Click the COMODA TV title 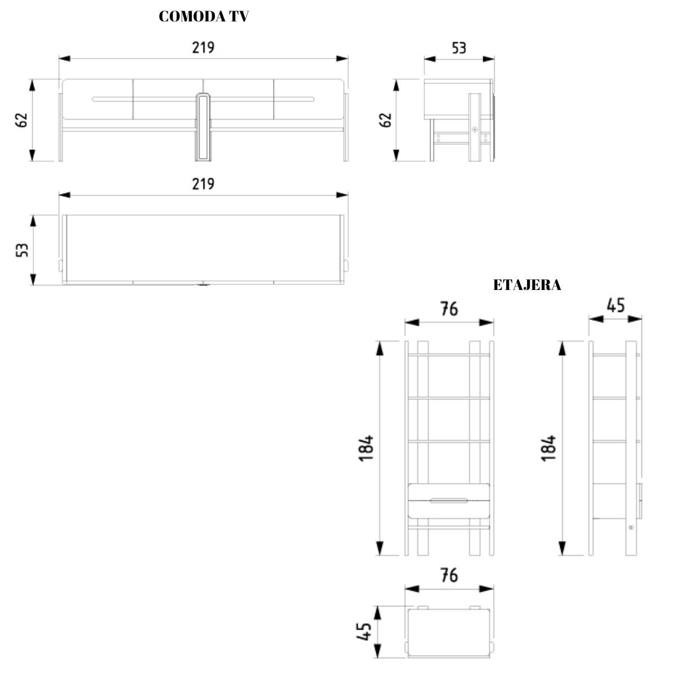click(204, 16)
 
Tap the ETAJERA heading click(527, 285)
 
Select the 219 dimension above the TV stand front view click(203, 47)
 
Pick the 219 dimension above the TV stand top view click(203, 184)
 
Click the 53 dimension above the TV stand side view click(459, 48)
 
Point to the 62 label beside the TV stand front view click(21, 120)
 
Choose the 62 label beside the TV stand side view click(385, 120)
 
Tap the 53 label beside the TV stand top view click(22, 250)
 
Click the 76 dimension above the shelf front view click(449, 309)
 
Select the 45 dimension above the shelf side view click(616, 305)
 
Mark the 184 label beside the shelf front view click(366, 449)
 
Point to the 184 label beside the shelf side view click(548, 449)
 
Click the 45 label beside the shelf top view click(364, 632)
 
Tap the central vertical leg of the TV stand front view click(203, 127)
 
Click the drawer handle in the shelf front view click(449, 500)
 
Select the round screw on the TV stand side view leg click(474, 130)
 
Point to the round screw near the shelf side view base click(631, 537)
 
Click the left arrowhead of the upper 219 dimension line click(65, 58)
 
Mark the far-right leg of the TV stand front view click(346, 127)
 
